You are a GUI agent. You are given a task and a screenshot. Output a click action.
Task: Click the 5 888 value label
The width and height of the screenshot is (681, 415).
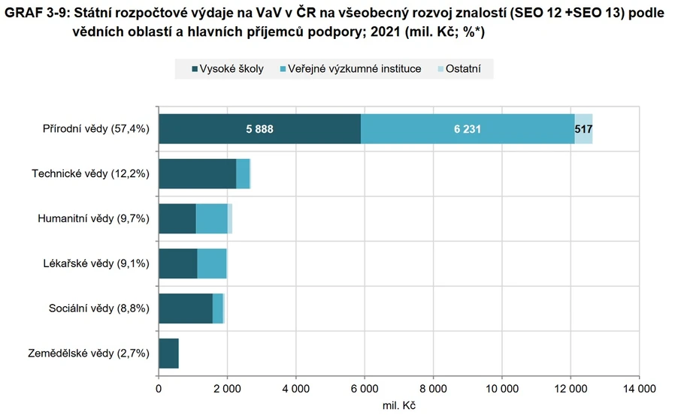259,129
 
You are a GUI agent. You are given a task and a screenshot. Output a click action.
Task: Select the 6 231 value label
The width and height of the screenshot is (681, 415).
468,129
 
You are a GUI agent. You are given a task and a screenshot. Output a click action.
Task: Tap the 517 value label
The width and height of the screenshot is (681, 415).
583,129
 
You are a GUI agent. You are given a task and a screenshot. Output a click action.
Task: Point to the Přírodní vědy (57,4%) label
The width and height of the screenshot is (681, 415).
95,129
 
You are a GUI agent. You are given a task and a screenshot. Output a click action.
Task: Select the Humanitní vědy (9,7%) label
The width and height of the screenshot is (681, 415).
94,219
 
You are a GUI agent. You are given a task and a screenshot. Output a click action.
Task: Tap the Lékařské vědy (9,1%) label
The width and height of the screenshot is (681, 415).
95,263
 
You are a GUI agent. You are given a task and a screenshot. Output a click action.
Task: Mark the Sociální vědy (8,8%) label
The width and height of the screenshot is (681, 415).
99,308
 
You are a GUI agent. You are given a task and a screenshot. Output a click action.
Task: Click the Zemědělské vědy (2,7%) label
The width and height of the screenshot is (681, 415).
89,353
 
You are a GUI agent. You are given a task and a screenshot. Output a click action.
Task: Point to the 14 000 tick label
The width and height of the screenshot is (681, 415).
638,389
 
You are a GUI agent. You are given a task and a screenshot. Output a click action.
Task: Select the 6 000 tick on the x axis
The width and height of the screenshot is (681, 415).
364,389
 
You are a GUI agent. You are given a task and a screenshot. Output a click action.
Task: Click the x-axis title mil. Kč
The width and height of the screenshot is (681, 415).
398,405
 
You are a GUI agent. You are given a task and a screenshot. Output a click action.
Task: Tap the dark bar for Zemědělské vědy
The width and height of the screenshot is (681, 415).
168,353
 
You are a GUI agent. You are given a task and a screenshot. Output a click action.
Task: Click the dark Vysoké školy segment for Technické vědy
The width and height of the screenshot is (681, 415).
197,174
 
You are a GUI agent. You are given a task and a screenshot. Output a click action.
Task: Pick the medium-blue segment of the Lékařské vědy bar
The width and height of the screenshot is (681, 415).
211,263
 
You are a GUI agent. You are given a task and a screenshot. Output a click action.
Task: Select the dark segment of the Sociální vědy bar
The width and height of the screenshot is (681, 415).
185,308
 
